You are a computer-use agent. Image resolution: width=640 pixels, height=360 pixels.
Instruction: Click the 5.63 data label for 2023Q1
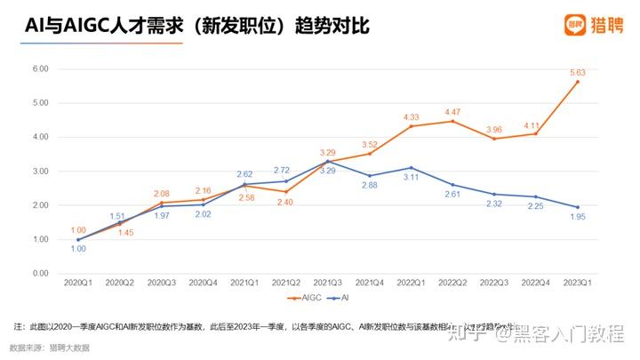click(577, 71)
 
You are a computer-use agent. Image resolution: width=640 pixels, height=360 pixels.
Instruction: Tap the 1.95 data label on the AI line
click(578, 218)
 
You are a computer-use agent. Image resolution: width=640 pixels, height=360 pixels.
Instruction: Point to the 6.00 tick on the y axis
click(40, 68)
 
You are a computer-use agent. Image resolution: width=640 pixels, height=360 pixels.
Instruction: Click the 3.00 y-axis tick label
click(40, 171)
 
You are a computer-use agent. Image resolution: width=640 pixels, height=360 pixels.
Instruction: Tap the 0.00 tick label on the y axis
click(40, 273)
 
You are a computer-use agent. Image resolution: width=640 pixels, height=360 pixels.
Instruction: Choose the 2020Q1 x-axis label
click(77, 283)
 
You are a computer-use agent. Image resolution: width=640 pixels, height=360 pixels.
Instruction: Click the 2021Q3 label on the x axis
click(328, 283)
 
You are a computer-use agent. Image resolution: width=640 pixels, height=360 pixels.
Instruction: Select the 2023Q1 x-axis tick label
click(579, 283)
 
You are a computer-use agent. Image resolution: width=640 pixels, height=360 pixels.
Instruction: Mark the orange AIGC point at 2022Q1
click(412, 126)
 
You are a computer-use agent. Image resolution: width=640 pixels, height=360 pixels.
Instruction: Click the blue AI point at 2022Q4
click(537, 196)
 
